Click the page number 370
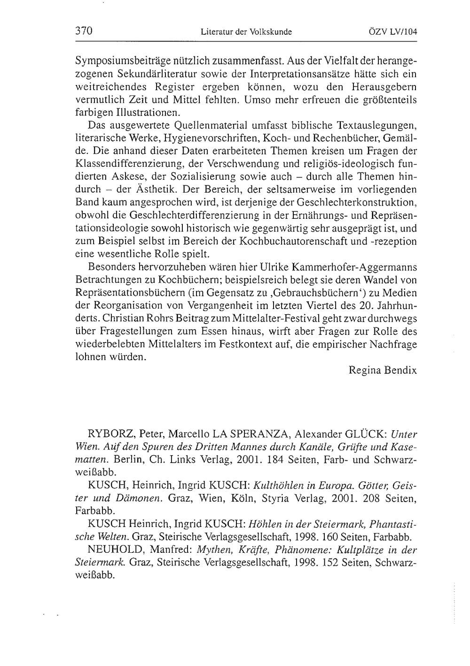85,31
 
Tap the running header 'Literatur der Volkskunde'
246,32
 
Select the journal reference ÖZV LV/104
393,32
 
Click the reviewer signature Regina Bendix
383,370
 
